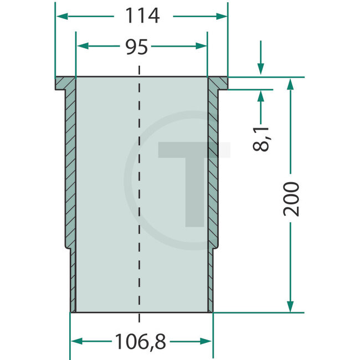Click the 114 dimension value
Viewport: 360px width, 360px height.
[141, 17]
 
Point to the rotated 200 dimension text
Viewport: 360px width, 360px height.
[293, 198]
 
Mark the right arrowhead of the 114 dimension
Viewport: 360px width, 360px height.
[223, 17]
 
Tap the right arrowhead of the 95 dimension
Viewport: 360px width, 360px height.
[202, 47]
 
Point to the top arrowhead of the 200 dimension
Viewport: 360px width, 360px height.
[290, 83]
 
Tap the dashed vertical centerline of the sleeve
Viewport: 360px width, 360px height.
[139, 194]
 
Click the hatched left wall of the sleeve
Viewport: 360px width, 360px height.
[70, 166]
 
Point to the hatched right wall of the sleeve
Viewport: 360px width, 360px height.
[213, 166]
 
